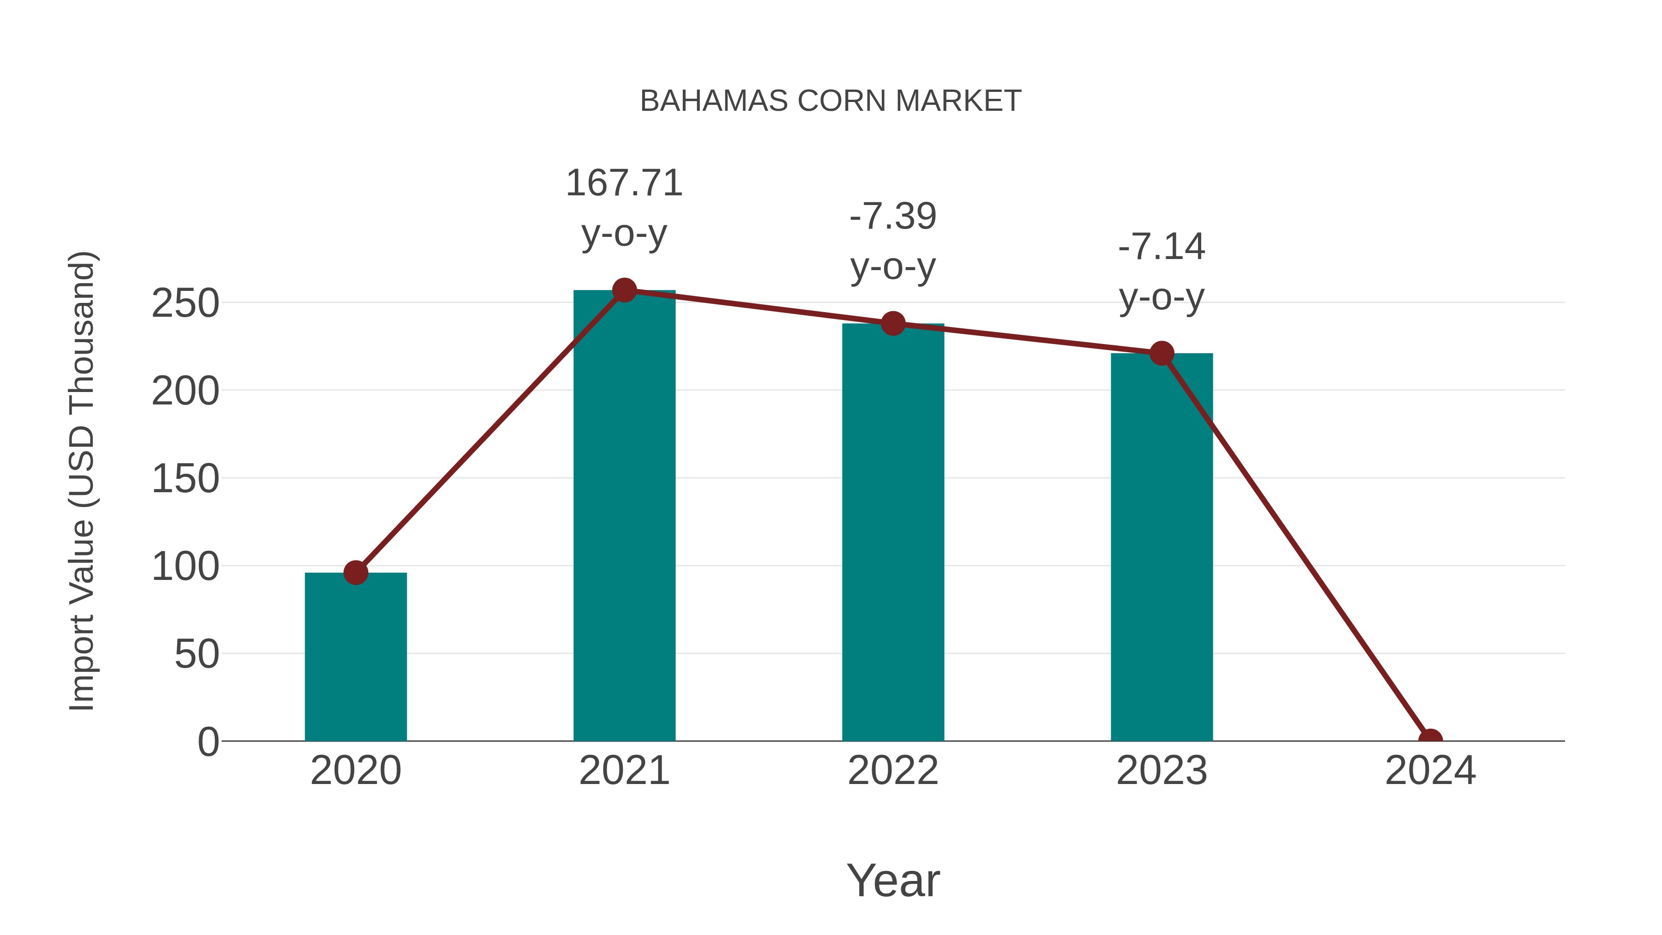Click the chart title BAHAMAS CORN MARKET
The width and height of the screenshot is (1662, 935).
tap(831, 101)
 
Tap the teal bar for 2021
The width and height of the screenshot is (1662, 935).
tap(624, 516)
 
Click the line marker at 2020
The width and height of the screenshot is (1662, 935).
tap(355, 573)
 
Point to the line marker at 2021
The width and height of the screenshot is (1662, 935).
tap(624, 290)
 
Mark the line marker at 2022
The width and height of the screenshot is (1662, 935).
tap(893, 323)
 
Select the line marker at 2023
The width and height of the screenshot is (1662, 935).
tap(1162, 353)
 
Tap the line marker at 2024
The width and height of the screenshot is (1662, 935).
tap(1430, 739)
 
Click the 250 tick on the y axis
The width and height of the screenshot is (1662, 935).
tap(185, 303)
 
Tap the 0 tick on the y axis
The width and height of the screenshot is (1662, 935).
tap(208, 742)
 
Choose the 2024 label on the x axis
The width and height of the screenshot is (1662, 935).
tap(1430, 771)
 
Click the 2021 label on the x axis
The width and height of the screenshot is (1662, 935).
tap(624, 771)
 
